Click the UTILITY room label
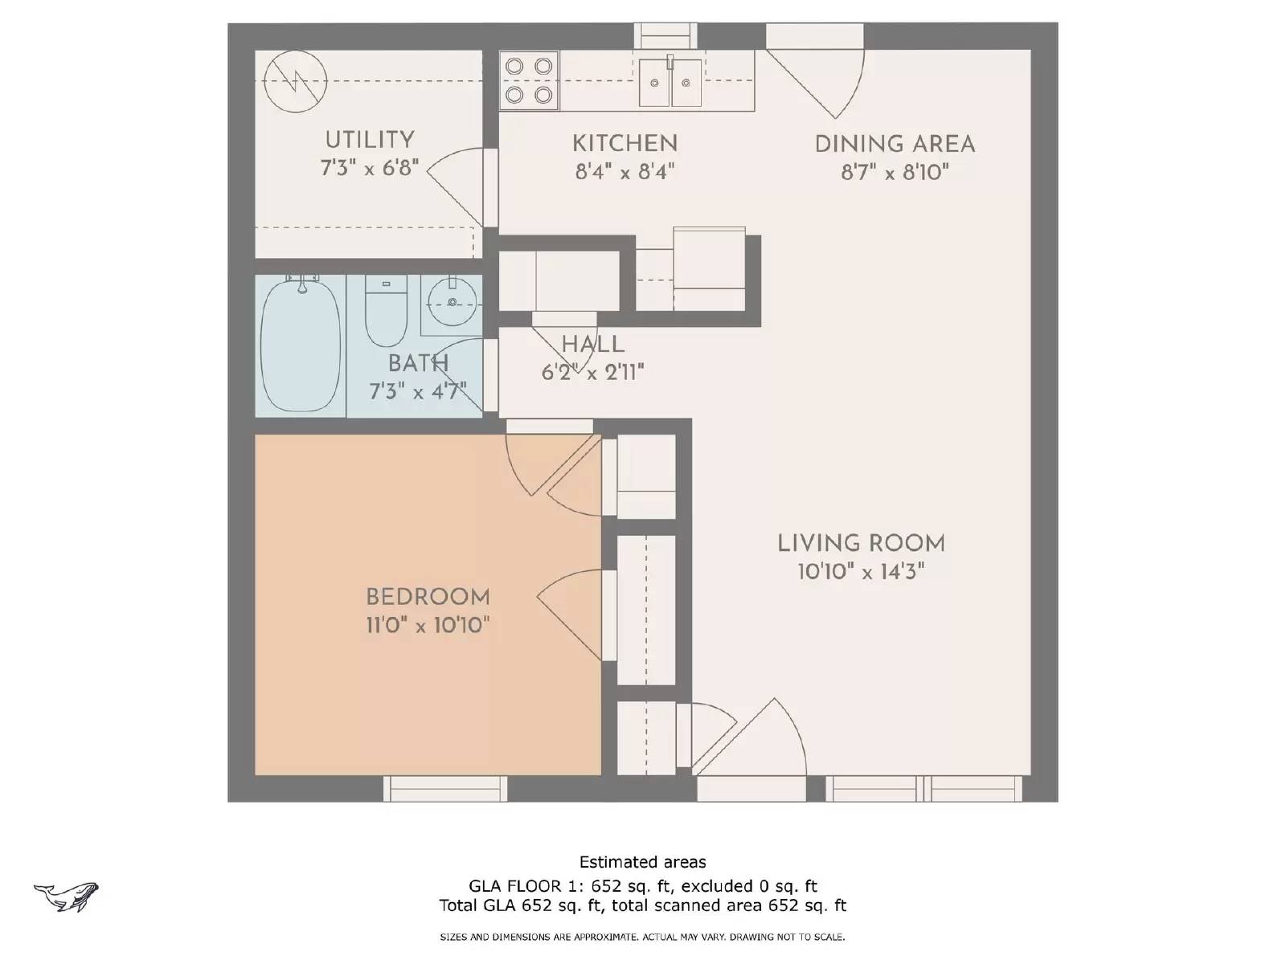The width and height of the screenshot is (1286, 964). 370,140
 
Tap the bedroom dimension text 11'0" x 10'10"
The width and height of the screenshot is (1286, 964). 428,625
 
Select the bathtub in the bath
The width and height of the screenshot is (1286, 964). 300,345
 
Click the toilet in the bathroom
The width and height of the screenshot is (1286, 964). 386,310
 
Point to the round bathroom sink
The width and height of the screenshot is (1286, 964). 453,302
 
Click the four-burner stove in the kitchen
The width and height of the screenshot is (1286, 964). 529,80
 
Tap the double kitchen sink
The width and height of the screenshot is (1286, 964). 670,81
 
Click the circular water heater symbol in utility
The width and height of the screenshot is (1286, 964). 296,80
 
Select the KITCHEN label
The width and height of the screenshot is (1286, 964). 625,144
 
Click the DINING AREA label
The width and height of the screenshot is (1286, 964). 895,145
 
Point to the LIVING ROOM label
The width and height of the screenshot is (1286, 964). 861,543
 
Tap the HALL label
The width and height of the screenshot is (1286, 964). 593,345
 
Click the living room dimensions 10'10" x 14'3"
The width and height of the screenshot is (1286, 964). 861,572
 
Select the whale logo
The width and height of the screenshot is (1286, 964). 67,896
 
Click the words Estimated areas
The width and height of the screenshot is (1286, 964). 642,862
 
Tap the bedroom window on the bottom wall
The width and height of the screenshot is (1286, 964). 445,789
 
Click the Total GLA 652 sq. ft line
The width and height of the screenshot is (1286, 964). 642,905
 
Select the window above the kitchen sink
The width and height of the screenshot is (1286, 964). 666,36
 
